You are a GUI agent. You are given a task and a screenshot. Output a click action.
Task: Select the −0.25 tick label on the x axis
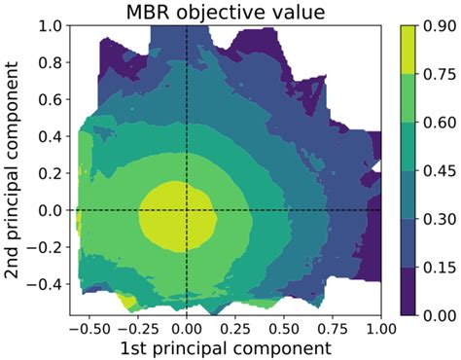point(136,327)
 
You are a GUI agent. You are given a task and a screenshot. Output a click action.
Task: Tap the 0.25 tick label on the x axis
point(239,327)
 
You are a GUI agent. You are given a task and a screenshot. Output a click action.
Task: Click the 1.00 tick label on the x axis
point(380,327)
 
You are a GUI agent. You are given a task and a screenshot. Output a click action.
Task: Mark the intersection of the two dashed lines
point(186,210)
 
